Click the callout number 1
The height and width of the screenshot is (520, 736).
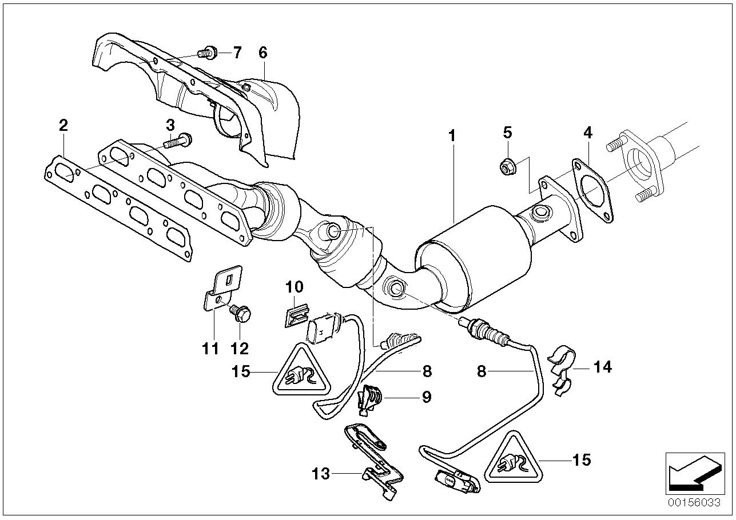(452, 137)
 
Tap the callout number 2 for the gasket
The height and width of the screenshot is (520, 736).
(63, 125)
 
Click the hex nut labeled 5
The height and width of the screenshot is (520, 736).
(506, 167)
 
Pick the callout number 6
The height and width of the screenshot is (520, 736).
(262, 53)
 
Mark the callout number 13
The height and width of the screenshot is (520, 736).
(322, 473)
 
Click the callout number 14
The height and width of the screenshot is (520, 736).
(603, 367)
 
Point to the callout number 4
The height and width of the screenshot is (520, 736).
(588, 133)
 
